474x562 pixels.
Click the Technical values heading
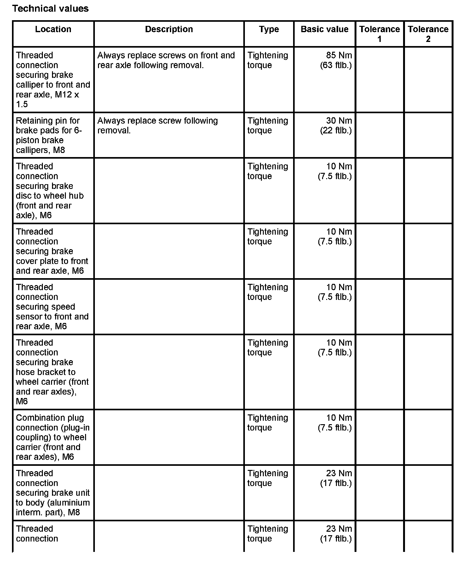50,9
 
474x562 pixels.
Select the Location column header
53,29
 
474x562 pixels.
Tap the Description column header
169,29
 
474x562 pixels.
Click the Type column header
269,29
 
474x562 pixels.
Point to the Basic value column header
325,29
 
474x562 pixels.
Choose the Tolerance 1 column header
379,34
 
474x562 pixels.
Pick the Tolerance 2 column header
428,34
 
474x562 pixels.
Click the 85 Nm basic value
339,56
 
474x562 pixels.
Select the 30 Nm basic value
339,121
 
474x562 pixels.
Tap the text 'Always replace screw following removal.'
158,126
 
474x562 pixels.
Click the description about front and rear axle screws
166,60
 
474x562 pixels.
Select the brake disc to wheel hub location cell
50,191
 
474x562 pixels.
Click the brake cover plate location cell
52,251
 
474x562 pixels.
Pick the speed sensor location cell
52,307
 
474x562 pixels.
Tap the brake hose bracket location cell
52,372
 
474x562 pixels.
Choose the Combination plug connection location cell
53,437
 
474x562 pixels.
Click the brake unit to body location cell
53,493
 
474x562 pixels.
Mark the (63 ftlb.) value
336,65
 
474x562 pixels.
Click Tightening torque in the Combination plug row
268,423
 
